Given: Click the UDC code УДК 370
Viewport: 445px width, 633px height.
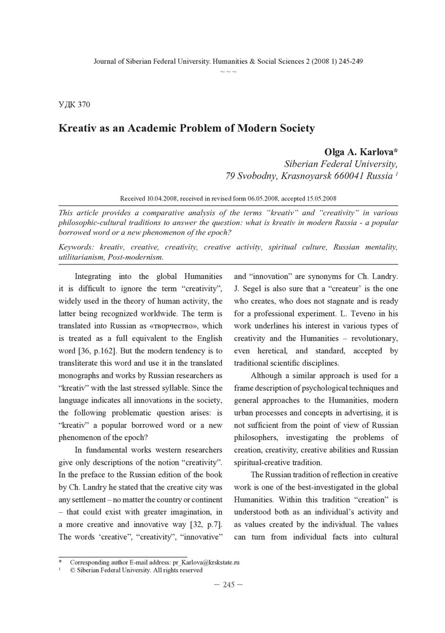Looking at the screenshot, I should [74, 105].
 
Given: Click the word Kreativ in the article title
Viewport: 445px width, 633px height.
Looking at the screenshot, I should [80, 128].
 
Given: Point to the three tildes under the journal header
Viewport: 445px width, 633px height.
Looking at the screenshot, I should [228, 72].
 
